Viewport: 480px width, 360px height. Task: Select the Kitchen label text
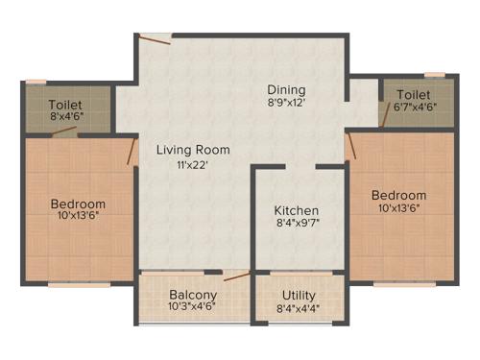click(x=296, y=211)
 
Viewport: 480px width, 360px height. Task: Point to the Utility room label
click(x=300, y=295)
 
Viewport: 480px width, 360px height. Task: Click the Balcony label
click(x=193, y=295)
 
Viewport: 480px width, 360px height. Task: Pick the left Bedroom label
click(x=78, y=204)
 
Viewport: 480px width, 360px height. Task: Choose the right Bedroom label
click(x=399, y=195)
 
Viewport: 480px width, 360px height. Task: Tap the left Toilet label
click(x=66, y=105)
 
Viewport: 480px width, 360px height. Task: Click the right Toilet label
click(x=413, y=95)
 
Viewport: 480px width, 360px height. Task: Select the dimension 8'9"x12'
click(x=287, y=101)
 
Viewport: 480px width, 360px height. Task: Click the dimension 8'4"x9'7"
click(x=297, y=226)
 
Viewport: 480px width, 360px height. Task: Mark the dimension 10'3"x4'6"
click(x=193, y=307)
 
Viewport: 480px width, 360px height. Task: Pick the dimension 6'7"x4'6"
click(x=414, y=108)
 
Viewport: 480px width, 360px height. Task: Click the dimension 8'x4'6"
click(x=66, y=117)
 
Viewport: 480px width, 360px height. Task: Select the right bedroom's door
click(x=350, y=145)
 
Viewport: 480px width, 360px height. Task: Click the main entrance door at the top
click(x=153, y=38)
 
